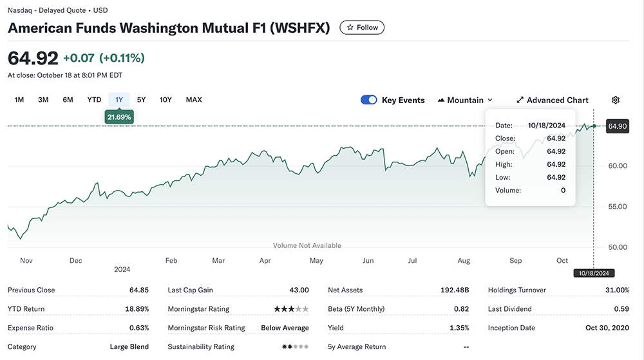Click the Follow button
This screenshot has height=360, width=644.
362,28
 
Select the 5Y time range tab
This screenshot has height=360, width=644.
142,100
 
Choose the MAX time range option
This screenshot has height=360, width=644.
194,100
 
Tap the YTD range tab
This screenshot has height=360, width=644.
94,100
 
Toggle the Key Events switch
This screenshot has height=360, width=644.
369,100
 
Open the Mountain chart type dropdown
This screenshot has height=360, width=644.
465,100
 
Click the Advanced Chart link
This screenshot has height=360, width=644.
553,100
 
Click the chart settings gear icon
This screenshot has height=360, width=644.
616,100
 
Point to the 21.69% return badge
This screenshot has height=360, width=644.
119,117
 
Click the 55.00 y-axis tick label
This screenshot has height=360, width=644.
618,207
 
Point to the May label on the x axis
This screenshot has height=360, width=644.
316,261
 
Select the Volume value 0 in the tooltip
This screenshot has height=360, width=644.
563,191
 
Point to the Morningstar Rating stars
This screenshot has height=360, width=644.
291,309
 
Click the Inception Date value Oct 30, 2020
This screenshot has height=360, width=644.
608,328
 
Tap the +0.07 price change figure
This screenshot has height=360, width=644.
79,58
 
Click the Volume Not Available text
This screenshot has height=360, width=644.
307,245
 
